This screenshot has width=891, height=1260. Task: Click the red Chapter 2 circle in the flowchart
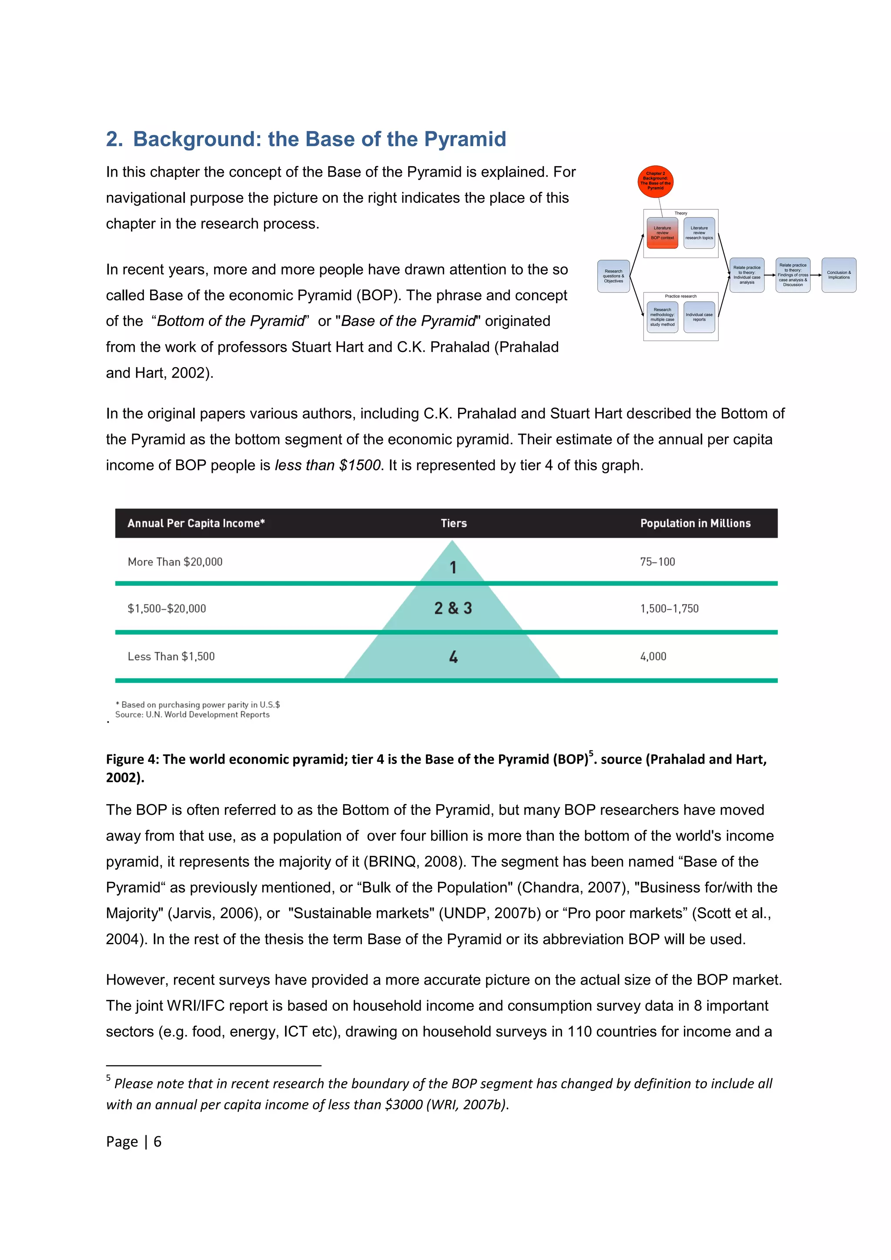[x=655, y=181]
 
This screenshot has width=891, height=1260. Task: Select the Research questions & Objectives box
[x=613, y=276]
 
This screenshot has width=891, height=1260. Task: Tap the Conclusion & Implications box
[x=838, y=275]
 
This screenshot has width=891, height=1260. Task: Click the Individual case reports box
[x=699, y=317]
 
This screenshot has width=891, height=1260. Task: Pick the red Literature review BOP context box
[x=662, y=233]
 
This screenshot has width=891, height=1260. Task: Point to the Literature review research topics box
[x=699, y=233]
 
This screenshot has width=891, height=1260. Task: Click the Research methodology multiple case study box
[x=662, y=317]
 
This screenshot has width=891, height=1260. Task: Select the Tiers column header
[x=454, y=523]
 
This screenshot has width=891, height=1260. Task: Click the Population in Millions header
[x=695, y=523]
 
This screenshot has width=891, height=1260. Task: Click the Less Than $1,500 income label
[x=171, y=657]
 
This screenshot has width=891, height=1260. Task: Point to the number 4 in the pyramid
[x=453, y=657]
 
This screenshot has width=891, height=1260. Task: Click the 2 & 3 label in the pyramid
[x=453, y=608]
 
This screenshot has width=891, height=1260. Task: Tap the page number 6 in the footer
[x=157, y=1142]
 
